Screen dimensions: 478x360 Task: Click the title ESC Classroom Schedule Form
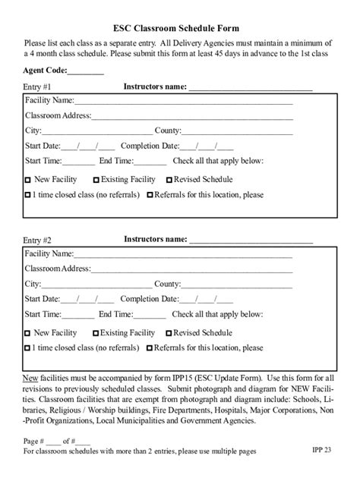click(180, 28)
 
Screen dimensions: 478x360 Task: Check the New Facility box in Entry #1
click(28, 181)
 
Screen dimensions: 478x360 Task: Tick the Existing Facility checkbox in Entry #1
click(96, 181)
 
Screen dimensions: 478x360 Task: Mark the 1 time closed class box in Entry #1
click(28, 195)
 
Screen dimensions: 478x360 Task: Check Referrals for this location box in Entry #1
click(150, 195)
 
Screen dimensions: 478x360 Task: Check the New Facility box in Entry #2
click(28, 333)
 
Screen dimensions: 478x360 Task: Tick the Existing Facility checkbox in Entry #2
click(96, 333)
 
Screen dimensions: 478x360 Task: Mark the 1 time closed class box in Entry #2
click(28, 348)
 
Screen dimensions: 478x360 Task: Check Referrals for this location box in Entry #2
click(150, 348)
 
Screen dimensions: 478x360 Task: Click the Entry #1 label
click(37, 87)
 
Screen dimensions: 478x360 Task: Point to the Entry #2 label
click(37, 240)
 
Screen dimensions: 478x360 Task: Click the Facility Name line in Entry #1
click(183, 101)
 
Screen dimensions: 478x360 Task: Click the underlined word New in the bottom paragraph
click(30, 377)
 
